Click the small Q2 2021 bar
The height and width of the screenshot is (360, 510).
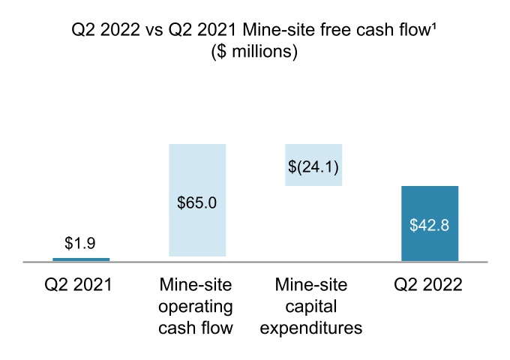pyautogui.click(x=80, y=259)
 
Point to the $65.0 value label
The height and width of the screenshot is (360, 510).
pyautogui.click(x=197, y=202)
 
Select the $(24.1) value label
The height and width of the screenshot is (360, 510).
pyautogui.click(x=313, y=166)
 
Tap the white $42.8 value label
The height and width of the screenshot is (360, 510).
pyautogui.click(x=430, y=225)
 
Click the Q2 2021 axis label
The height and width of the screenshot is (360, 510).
pyautogui.click(x=80, y=286)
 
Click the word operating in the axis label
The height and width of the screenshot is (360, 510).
pyautogui.click(x=196, y=307)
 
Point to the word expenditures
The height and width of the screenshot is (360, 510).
pyautogui.click(x=313, y=328)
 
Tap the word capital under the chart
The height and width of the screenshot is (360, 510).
pyautogui.click(x=313, y=307)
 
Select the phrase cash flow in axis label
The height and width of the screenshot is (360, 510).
pyautogui.click(x=196, y=328)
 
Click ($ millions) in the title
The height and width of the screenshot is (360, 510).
pyautogui.click(x=255, y=52)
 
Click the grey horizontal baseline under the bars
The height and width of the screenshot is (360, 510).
pyautogui.click(x=255, y=262)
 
